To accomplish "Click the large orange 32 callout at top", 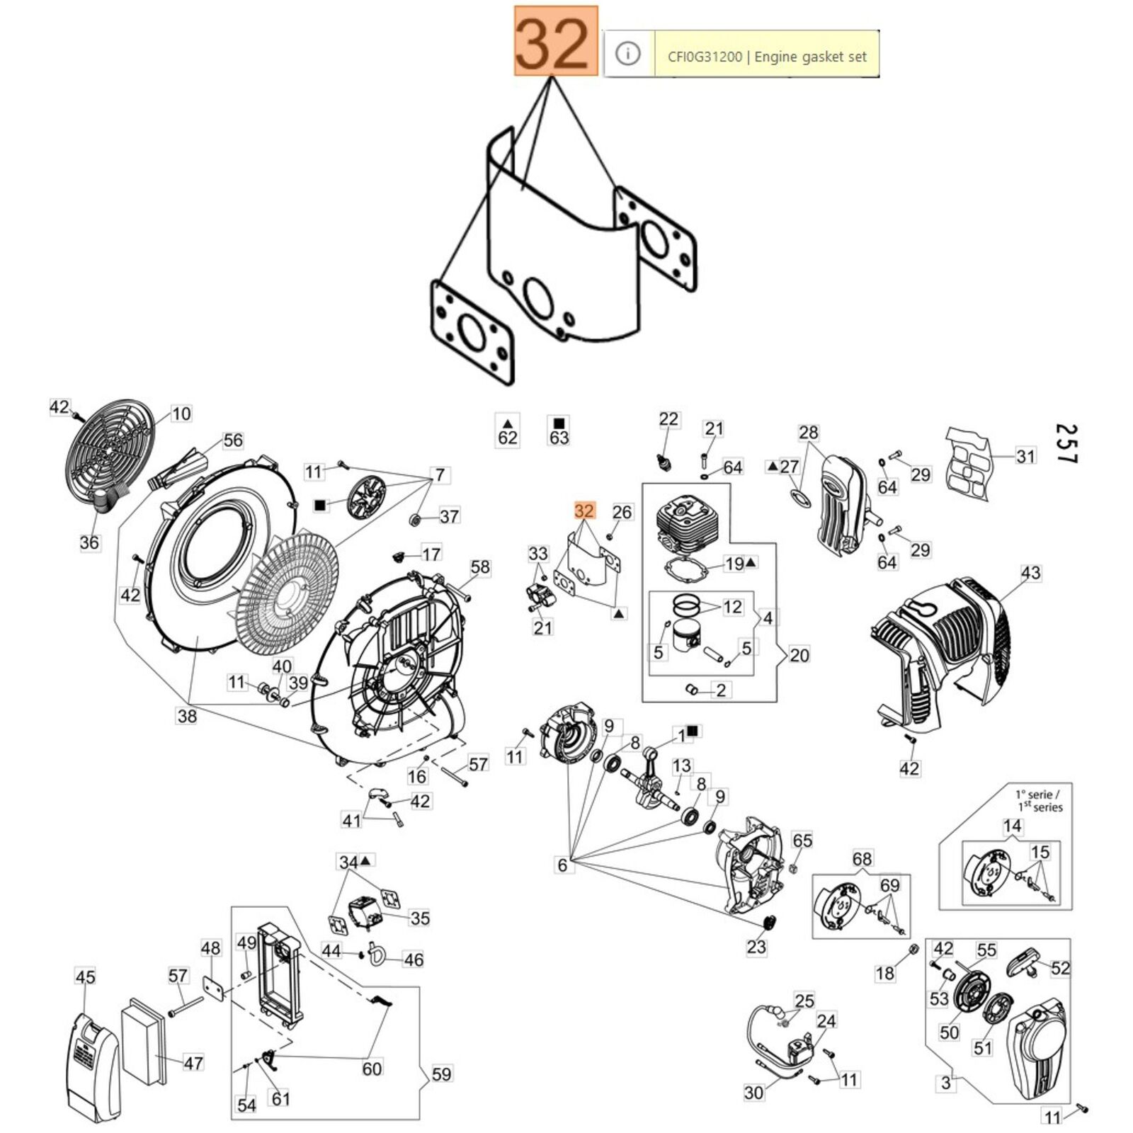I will [556, 41].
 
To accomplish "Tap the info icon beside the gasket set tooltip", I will [627, 54].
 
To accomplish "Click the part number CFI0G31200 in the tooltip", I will [705, 57].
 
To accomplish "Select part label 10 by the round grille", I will [181, 414].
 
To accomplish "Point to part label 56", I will [233, 440].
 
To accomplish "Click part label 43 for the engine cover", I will [1030, 573].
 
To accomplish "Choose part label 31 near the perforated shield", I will [1025, 456].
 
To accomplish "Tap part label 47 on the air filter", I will [193, 1062].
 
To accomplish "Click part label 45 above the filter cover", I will [85, 977].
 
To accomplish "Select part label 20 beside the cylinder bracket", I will [799, 655].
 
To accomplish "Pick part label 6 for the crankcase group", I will [562, 865].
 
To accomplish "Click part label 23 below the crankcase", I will [756, 947].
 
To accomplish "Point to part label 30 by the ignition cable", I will [753, 1093].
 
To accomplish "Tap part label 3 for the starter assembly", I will [945, 1083].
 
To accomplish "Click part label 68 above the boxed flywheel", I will [862, 859].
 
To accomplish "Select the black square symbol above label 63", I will [559, 423].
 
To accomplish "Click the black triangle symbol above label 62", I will [508, 423].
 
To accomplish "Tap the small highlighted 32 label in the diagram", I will [584, 511].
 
